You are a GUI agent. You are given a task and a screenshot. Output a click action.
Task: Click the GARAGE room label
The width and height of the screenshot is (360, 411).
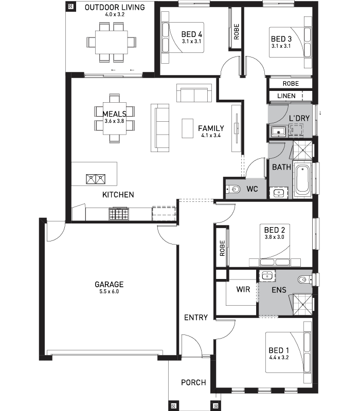109,285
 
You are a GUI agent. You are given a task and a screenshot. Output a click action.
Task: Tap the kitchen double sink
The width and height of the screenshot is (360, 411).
96,179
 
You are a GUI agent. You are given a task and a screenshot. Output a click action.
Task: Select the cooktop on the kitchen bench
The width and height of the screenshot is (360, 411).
119,214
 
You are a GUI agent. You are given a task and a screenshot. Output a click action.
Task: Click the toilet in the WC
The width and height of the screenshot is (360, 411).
233,189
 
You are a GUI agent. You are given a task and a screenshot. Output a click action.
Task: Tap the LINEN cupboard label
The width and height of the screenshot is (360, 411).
286,96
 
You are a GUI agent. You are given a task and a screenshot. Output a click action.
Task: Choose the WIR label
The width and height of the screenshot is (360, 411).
243,289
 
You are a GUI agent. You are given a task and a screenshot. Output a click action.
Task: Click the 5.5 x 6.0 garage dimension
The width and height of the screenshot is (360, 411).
109,291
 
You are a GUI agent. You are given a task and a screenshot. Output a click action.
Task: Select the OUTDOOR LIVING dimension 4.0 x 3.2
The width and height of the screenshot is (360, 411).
115,14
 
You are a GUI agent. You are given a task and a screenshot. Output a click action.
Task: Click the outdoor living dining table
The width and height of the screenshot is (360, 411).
112,42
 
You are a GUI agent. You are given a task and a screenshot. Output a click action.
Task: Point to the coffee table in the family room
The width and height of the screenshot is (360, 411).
188,128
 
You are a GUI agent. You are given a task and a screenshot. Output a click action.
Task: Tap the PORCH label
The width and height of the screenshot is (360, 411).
193,382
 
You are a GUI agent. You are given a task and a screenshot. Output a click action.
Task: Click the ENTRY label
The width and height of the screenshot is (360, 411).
196,317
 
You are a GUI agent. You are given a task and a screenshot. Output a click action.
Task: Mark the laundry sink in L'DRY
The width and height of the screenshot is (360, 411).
278,131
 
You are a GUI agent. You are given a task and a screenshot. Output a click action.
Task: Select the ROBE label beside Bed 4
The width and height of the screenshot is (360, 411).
237,32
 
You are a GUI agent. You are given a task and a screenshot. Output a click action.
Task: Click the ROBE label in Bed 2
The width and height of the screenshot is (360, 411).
222,248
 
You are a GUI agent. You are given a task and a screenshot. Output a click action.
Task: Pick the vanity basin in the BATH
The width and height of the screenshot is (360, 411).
279,193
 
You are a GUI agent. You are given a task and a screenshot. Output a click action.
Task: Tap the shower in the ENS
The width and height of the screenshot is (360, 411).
302,305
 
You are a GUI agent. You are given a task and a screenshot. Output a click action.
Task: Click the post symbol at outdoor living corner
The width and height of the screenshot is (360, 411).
70,7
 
